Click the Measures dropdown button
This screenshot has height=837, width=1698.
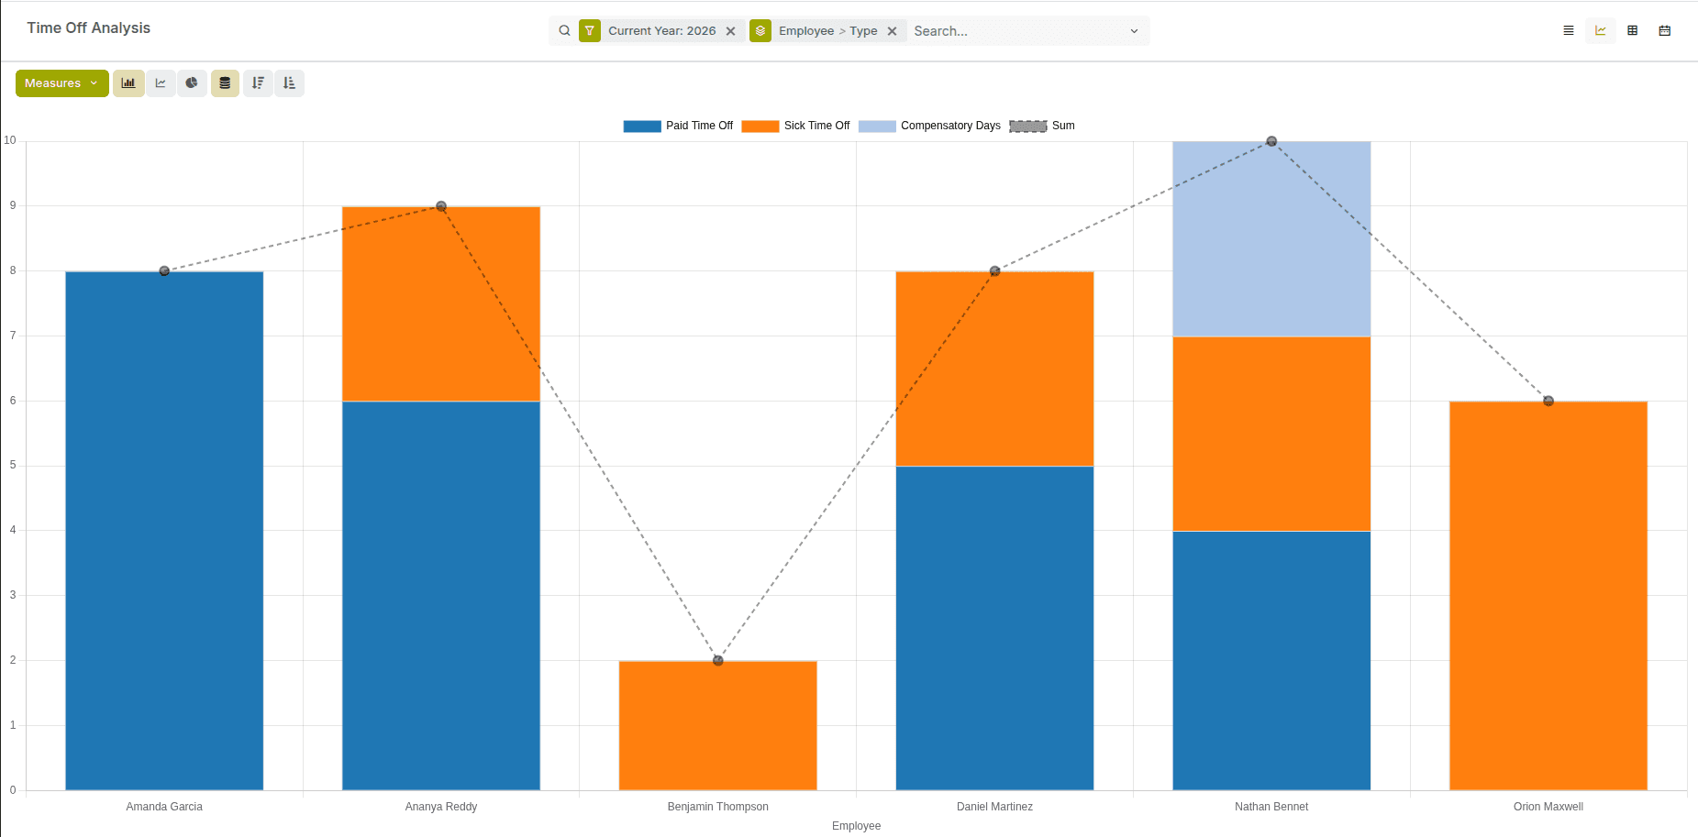click(61, 83)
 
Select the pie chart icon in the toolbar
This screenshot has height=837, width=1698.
click(192, 83)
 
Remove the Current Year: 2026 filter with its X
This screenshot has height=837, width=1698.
click(730, 31)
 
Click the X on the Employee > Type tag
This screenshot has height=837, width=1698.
click(892, 31)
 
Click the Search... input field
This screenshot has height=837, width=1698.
click(1018, 31)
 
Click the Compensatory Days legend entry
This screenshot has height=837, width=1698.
click(929, 126)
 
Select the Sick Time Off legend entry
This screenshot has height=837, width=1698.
click(795, 126)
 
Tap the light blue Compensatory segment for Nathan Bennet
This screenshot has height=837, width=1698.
click(1271, 239)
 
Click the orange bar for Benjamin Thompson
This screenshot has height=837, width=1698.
click(717, 724)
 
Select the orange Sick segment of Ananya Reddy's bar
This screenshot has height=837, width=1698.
click(440, 303)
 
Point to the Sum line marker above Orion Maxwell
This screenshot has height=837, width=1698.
click(1548, 401)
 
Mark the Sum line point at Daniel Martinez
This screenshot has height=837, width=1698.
click(994, 271)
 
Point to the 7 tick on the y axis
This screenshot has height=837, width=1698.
click(13, 336)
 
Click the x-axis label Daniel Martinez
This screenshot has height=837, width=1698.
click(994, 807)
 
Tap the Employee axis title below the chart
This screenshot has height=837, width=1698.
click(856, 826)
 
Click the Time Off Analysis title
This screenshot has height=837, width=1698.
click(89, 28)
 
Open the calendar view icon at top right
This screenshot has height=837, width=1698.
click(1664, 31)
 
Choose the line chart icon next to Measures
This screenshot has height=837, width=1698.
click(161, 83)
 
